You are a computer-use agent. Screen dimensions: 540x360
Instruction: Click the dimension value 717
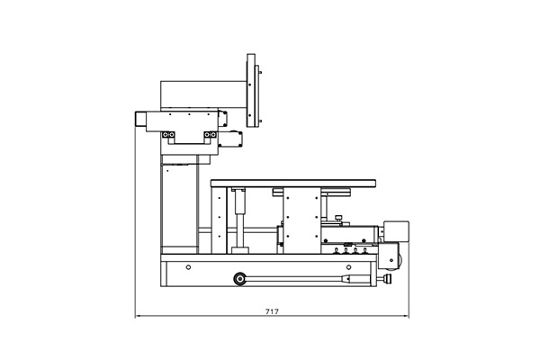tap(272, 311)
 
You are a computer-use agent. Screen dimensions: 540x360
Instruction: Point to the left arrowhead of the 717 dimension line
tap(137, 316)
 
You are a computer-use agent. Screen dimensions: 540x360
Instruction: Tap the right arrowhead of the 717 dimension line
tap(407, 316)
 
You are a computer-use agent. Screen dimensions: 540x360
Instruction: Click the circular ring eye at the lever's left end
tap(239, 279)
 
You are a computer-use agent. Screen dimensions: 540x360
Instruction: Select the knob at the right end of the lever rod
tap(387, 278)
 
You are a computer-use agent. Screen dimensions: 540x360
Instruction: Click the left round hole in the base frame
tap(188, 267)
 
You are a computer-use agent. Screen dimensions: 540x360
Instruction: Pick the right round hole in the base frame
tap(348, 267)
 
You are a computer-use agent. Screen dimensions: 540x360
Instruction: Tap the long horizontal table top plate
tap(293, 184)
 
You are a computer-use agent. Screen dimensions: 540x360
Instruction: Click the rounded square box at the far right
tap(396, 231)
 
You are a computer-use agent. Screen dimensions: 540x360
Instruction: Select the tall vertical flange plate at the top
tap(251, 90)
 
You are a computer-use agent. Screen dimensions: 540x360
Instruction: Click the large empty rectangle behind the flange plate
tap(203, 94)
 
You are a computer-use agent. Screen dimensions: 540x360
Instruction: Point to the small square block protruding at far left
tap(140, 119)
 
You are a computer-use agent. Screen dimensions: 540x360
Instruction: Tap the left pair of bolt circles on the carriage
tap(168, 134)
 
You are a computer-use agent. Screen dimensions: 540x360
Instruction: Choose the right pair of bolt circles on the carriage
tap(210, 134)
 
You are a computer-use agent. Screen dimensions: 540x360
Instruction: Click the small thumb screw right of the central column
tap(339, 219)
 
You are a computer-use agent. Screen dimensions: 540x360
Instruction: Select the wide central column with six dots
tap(302, 220)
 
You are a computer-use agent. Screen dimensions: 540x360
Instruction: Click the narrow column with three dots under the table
tap(219, 220)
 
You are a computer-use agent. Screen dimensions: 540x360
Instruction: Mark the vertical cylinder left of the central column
tap(240, 220)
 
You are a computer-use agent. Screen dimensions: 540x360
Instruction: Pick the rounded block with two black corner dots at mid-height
tap(230, 139)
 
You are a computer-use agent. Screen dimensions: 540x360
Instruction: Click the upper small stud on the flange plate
tap(260, 72)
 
